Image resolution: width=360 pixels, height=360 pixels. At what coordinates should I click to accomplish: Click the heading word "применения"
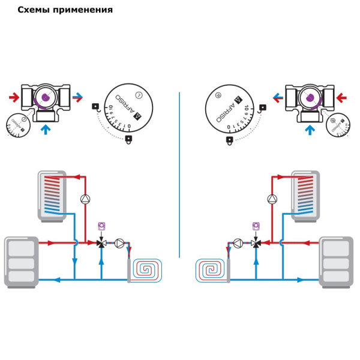pyautogui.click(x=83, y=10)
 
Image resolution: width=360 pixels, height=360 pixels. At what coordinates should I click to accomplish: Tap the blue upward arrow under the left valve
pyautogui.click(x=45, y=130)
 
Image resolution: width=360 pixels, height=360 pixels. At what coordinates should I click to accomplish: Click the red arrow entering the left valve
pyautogui.click(x=14, y=96)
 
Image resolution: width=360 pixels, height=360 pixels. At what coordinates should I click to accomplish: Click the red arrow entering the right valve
pyautogui.click(x=342, y=96)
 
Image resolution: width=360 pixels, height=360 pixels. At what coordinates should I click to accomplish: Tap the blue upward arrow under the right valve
pyautogui.click(x=310, y=130)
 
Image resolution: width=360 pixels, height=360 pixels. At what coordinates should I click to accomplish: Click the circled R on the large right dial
pyautogui.click(x=218, y=94)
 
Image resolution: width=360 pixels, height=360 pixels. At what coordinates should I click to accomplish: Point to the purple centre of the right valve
pyautogui.click(x=310, y=97)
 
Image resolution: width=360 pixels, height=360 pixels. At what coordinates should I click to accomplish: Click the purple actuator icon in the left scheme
pyautogui.click(x=101, y=226)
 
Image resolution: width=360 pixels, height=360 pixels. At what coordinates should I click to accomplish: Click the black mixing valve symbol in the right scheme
pyautogui.click(x=256, y=243)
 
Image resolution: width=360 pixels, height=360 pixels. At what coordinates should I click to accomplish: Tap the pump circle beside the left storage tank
pyautogui.click(x=85, y=199)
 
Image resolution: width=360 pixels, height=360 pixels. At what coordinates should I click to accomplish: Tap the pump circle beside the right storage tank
pyautogui.click(x=272, y=199)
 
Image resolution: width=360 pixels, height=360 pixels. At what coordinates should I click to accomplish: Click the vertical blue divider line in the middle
pyautogui.click(x=179, y=174)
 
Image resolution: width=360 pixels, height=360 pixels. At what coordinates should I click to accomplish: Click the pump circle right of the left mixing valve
pyautogui.click(x=119, y=243)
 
